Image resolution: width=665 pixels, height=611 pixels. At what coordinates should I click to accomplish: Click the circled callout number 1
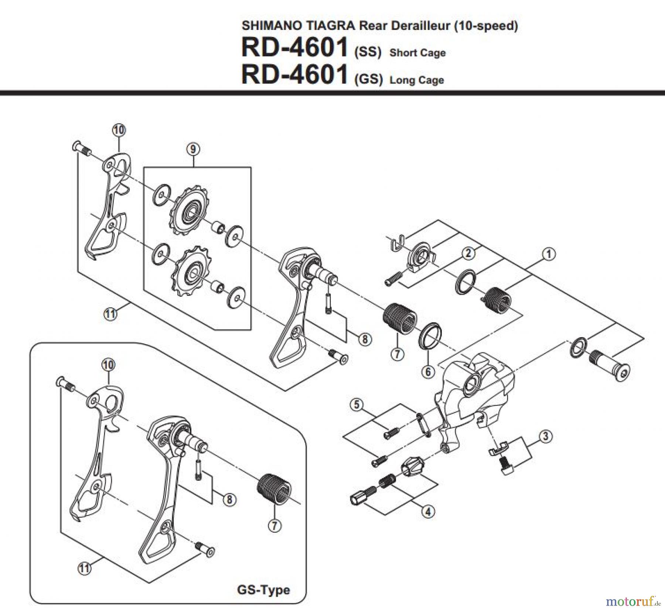point(549,254)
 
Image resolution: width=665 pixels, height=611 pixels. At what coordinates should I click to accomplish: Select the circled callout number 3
point(546,436)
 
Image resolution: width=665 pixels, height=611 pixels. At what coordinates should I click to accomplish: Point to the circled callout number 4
point(428,512)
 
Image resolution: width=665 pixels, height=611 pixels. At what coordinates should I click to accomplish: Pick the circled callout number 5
point(357,405)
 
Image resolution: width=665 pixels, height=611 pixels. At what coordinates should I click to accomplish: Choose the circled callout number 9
point(193,149)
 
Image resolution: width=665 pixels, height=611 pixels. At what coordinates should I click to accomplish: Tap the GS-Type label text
point(263,590)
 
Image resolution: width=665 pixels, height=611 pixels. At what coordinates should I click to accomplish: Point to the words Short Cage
point(417,53)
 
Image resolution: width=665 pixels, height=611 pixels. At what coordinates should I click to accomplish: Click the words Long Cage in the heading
point(417,80)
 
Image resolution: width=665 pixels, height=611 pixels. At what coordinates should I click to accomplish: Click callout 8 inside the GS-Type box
point(229,500)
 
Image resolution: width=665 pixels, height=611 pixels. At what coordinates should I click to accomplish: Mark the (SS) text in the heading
point(368,52)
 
